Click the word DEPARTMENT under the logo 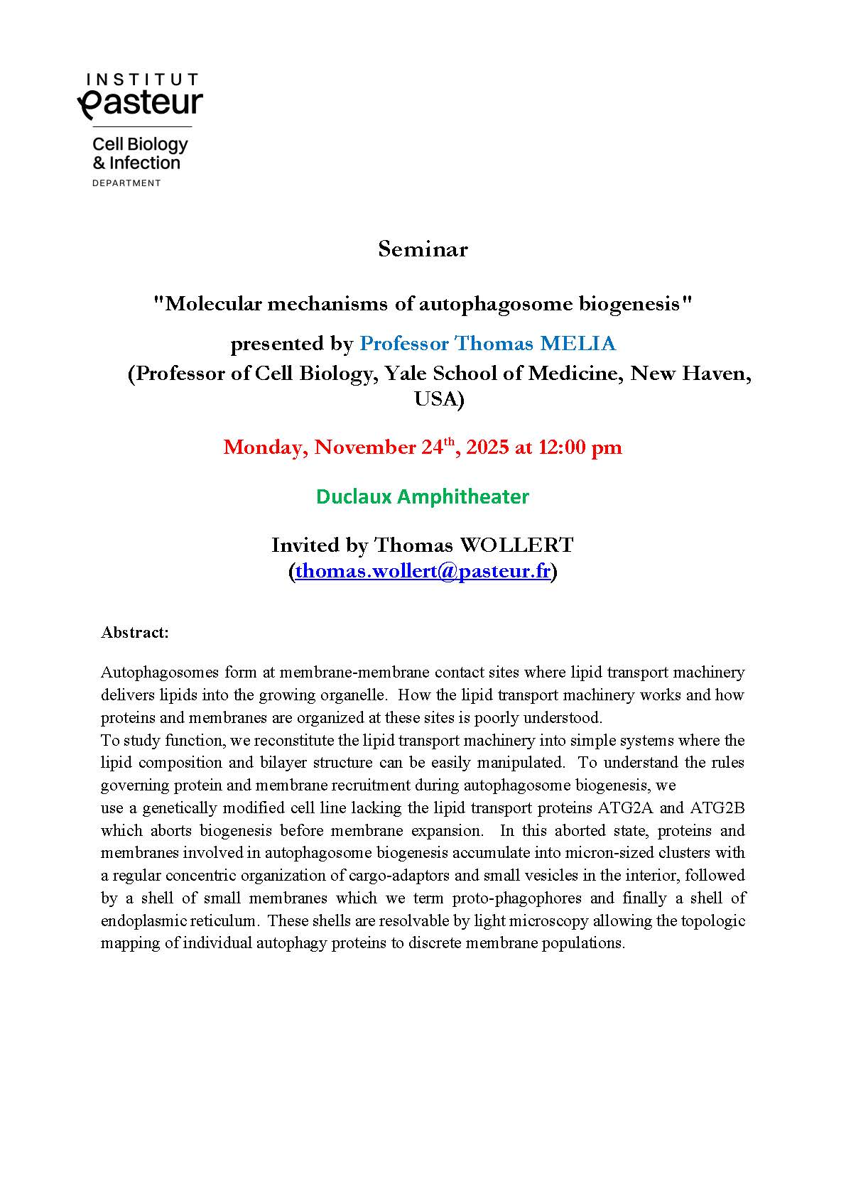126,183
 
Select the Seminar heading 423,249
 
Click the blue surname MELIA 577,344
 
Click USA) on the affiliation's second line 439,399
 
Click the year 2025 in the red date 485,447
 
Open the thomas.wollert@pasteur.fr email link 423,571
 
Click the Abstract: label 135,632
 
